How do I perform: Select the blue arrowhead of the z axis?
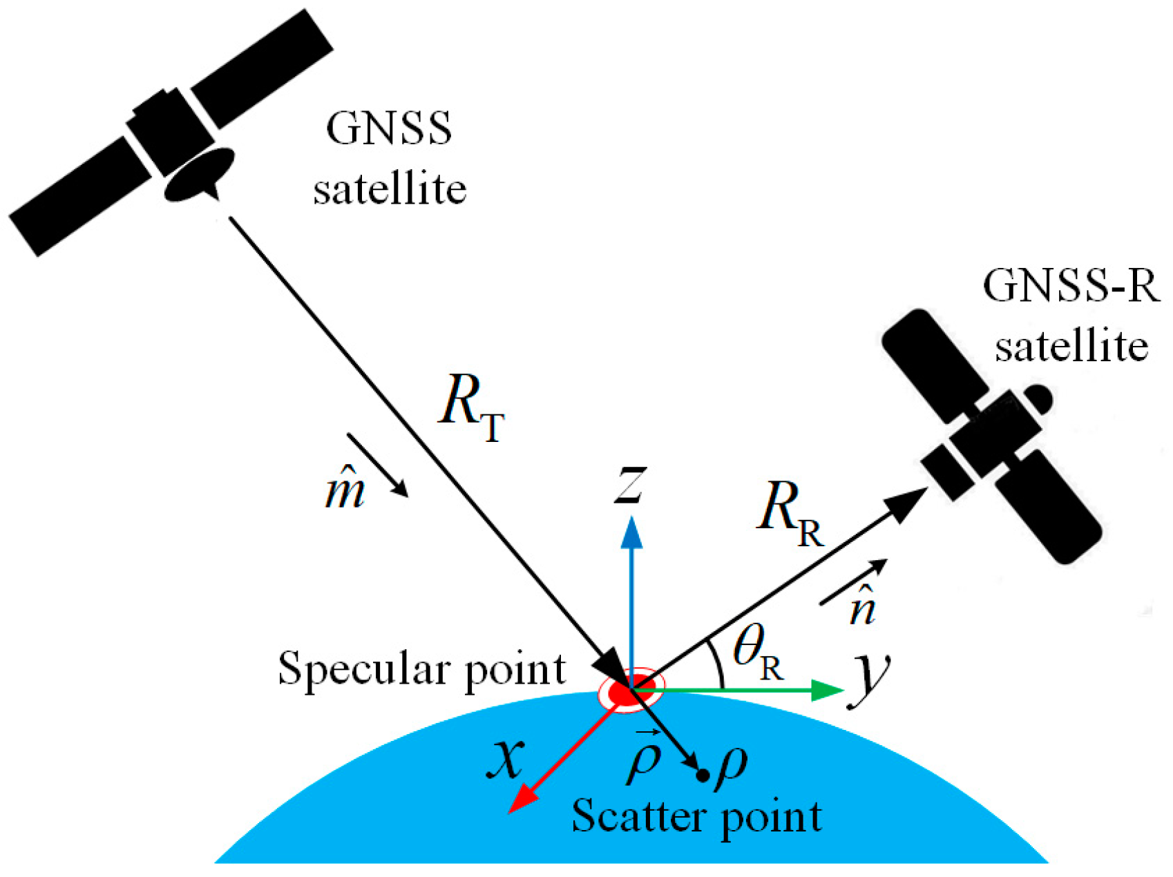tap(631, 533)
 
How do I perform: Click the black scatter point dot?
tap(703, 775)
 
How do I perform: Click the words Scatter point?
tap(696, 817)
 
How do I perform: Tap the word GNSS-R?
tap(1071, 285)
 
